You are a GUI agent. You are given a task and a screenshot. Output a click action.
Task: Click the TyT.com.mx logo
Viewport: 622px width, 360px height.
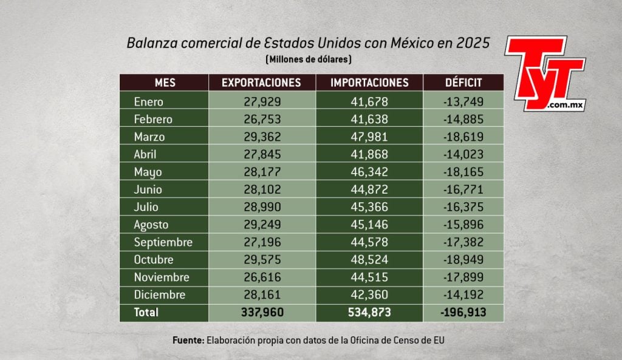544,75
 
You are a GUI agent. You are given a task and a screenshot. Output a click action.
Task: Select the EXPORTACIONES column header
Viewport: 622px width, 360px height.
261,83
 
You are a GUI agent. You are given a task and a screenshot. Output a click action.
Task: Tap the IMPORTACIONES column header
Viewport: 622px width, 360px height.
369,83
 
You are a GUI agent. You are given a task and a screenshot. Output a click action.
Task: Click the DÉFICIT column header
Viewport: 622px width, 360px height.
463,83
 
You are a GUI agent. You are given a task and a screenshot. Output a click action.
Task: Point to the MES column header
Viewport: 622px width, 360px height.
165,83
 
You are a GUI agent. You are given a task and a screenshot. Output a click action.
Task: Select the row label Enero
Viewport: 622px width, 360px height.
149,102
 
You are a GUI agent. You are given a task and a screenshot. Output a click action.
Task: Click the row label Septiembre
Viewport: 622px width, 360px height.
163,242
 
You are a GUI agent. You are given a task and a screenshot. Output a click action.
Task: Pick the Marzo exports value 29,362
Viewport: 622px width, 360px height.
261,137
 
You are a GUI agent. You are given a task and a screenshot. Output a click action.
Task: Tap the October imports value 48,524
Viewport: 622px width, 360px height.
369,260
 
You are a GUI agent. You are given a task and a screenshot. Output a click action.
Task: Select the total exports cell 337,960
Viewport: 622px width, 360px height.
261,313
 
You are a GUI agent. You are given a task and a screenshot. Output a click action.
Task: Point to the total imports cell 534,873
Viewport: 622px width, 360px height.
369,313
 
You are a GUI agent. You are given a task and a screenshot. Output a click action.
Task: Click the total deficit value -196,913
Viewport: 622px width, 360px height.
463,313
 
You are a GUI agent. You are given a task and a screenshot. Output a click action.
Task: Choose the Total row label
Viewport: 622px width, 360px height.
146,313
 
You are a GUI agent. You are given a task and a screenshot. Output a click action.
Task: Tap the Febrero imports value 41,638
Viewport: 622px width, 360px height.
369,120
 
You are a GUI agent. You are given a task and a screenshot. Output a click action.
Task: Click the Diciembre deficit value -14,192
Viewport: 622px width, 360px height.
463,295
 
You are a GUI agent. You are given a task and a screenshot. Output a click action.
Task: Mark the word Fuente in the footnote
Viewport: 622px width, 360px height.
188,341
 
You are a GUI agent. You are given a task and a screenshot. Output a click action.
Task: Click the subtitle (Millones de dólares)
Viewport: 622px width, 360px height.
309,59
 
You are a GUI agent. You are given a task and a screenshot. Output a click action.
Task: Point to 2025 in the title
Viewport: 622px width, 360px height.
473,43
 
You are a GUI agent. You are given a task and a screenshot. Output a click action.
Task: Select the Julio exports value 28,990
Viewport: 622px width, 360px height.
261,207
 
